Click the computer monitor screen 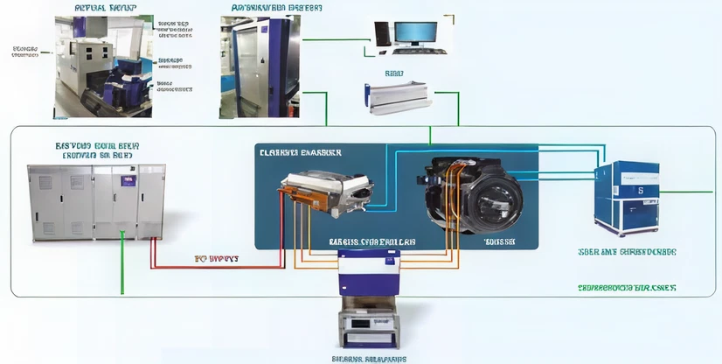415,32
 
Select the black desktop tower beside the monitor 382,33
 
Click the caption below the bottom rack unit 368,358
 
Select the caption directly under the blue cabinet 627,252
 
